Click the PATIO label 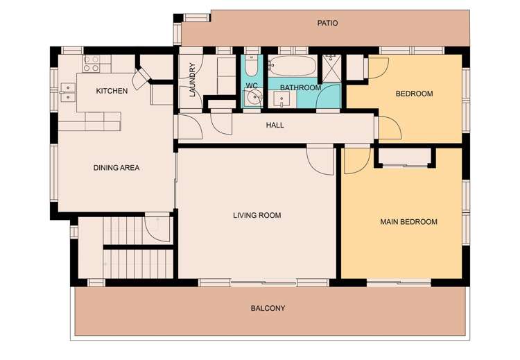click(x=327, y=23)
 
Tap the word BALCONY click(x=268, y=308)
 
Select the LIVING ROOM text click(x=257, y=215)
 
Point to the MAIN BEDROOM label click(x=408, y=222)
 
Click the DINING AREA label click(x=116, y=167)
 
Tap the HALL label click(x=275, y=126)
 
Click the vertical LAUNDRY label click(x=193, y=80)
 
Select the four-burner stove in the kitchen click(x=92, y=64)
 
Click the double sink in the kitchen click(x=68, y=89)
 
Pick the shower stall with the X click(x=331, y=68)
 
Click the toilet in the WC click(x=252, y=67)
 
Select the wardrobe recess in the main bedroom click(x=406, y=157)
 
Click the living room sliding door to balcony click(x=263, y=282)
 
